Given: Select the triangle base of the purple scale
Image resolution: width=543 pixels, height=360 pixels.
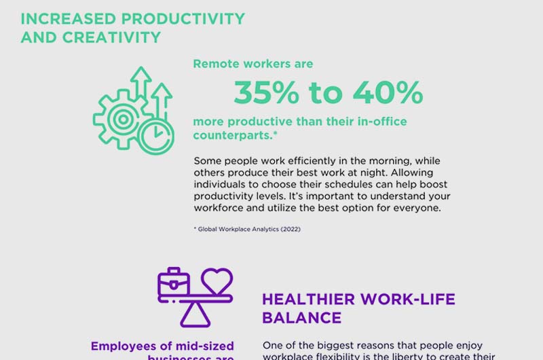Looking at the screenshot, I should point(194,313).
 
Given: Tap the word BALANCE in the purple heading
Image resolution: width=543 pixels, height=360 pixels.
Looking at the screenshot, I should point(301,318).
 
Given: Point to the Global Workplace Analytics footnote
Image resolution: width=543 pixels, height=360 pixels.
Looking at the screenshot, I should point(247,230).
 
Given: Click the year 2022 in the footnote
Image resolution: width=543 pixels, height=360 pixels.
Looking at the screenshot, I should point(288,230).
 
